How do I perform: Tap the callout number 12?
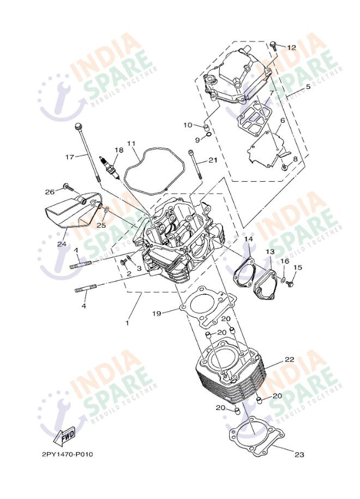(291, 47)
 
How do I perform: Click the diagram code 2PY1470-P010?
(68, 454)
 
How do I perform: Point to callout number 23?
(299, 454)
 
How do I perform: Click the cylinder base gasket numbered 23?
(256, 434)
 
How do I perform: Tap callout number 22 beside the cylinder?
(289, 360)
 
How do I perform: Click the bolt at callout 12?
(273, 46)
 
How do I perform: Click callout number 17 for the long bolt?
(70, 157)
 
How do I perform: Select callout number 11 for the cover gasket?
(131, 143)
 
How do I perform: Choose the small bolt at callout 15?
(290, 283)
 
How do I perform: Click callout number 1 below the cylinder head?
(127, 323)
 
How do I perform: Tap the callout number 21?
(213, 160)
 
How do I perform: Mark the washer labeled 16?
(283, 280)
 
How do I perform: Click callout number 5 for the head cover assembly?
(308, 86)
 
